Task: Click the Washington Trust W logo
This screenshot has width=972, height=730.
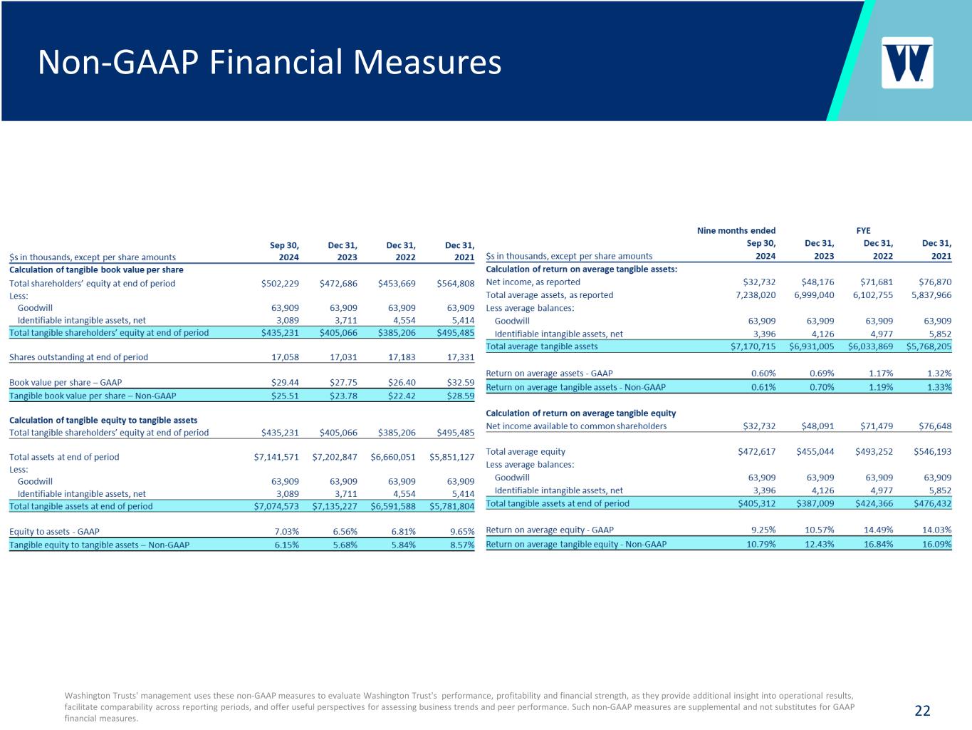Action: click(x=907, y=63)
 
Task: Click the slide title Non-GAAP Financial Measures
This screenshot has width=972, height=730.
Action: click(x=270, y=62)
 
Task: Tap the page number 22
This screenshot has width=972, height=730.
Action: click(x=922, y=711)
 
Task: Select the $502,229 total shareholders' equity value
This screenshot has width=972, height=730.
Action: click(x=280, y=283)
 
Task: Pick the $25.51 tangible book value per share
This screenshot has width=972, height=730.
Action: click(x=285, y=396)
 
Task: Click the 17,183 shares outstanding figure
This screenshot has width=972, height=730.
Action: click(x=402, y=356)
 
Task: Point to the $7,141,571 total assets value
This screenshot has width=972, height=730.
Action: click(x=276, y=457)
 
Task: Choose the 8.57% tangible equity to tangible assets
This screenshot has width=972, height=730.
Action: click(x=462, y=545)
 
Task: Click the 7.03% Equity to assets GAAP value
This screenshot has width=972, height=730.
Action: click(x=286, y=531)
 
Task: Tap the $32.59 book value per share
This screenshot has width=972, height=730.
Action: click(x=461, y=382)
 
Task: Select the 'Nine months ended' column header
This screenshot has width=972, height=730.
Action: click(x=736, y=230)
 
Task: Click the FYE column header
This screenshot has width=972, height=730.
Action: click(x=863, y=230)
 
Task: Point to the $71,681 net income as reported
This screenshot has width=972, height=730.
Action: click(x=877, y=282)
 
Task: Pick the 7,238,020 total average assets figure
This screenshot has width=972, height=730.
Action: click(x=756, y=294)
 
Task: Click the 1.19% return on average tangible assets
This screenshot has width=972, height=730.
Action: click(x=881, y=387)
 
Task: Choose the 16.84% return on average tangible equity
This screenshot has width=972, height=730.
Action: click(x=879, y=544)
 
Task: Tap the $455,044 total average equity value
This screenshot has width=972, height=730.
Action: click(x=815, y=452)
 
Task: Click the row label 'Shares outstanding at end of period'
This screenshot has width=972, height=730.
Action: click(x=78, y=356)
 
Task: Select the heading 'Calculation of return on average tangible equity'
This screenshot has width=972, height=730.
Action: click(x=580, y=413)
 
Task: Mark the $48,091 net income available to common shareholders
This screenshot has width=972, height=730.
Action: click(x=817, y=426)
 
